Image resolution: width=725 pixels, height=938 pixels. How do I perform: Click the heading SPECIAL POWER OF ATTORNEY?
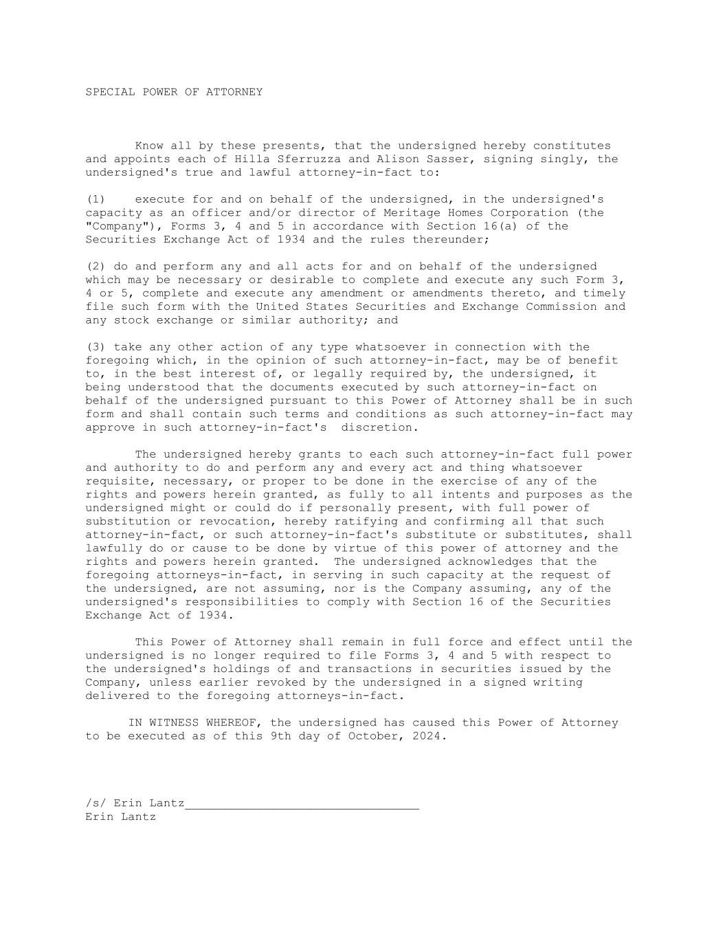tap(174, 92)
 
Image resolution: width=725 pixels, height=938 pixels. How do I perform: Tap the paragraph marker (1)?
tap(96, 199)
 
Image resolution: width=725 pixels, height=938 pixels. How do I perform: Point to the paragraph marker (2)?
tap(96, 267)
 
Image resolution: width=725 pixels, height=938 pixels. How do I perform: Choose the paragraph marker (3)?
tap(96, 347)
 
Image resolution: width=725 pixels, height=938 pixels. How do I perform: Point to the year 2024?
tap(429, 736)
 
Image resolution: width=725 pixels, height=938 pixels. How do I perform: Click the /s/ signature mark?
tap(96, 803)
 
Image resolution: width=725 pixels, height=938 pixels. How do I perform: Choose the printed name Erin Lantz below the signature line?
tap(121, 817)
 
